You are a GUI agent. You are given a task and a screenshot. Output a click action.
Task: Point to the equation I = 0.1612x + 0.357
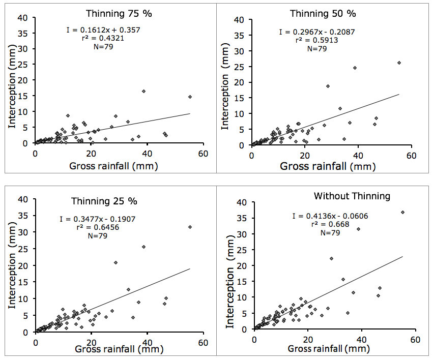(103, 30)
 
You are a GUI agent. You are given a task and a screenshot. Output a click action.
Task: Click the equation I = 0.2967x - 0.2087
(317, 32)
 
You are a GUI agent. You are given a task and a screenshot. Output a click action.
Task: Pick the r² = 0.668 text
(330, 224)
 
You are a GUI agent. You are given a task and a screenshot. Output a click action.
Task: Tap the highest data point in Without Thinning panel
(403, 212)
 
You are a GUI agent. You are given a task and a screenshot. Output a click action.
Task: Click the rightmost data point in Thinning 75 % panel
(190, 97)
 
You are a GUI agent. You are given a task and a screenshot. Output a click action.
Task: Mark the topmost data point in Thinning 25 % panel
(190, 227)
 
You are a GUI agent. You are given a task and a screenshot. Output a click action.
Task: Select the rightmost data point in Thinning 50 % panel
(399, 63)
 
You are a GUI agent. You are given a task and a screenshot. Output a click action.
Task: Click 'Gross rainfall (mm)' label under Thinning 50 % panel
(330, 166)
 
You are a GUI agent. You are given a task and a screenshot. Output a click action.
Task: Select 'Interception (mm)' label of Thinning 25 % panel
(11, 267)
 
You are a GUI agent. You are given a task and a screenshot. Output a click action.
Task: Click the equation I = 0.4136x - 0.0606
(330, 216)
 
